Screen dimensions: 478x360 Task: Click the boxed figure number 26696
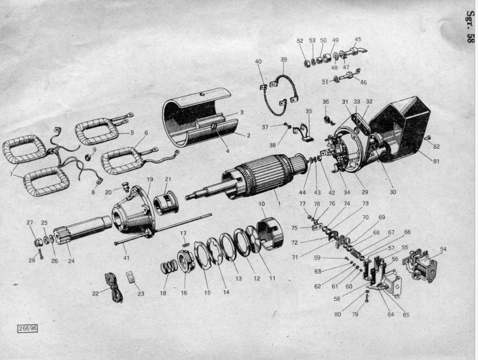(x=28, y=329)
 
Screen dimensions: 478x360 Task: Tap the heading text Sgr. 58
(x=471, y=26)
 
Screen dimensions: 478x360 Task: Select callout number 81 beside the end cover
(x=437, y=161)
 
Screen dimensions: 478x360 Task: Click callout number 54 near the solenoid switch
(x=443, y=249)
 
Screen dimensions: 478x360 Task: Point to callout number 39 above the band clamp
(x=284, y=60)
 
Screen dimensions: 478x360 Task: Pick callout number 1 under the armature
(x=279, y=203)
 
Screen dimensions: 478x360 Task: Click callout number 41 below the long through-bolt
(x=126, y=258)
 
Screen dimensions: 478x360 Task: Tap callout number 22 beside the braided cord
(x=96, y=293)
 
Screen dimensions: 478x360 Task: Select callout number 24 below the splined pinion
(x=71, y=261)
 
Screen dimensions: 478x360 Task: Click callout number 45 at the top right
(x=358, y=39)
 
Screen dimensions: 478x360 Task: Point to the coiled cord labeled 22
(x=113, y=287)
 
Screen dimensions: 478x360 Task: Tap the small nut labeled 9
(x=89, y=157)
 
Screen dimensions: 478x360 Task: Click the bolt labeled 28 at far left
(x=40, y=254)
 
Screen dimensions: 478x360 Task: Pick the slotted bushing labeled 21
(x=165, y=202)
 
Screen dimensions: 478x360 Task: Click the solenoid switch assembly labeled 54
(x=420, y=266)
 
